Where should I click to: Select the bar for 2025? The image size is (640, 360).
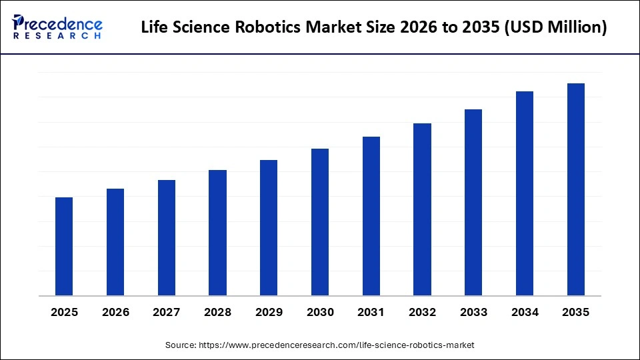point(64,247)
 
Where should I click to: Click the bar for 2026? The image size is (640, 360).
point(115,242)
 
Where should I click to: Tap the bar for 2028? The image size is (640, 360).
point(217,233)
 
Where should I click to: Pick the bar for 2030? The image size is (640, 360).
point(320,222)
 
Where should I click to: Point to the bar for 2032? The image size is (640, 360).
point(422,209)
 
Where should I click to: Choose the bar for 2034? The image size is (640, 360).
point(525,193)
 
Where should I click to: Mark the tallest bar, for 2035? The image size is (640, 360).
point(576,189)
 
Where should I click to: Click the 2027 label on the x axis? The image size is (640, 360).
point(167,312)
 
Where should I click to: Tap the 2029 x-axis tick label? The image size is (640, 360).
point(269,312)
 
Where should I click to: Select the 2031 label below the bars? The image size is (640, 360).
point(371,312)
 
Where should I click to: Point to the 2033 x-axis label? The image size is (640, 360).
point(473,312)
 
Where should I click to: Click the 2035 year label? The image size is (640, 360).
point(576,312)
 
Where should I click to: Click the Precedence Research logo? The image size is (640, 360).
point(57,27)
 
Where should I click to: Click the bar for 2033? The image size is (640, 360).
point(473,203)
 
